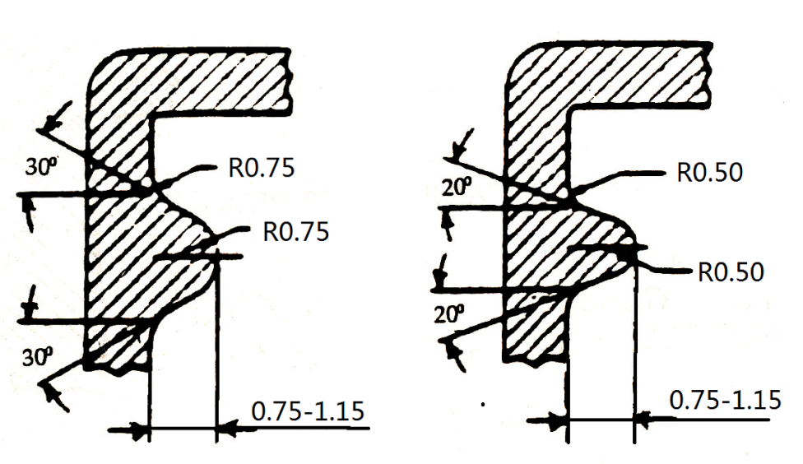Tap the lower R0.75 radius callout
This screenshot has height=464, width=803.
coord(295,231)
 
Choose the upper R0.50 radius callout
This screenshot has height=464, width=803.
coord(709,173)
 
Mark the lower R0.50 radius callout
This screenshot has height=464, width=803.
coord(731,271)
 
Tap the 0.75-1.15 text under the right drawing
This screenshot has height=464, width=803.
coord(725,401)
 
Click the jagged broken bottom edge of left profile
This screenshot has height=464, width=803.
coord(115,369)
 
